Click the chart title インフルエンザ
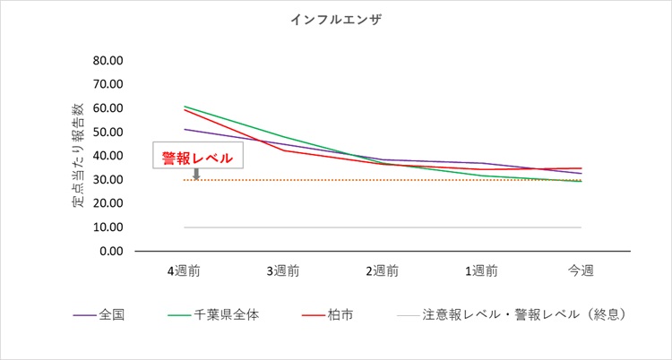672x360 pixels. pos(336,20)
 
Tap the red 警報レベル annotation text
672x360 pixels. pos(197,158)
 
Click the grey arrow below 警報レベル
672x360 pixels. pos(196,174)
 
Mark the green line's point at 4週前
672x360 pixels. pos(185,107)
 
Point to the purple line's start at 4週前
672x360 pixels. pos(185,129)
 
